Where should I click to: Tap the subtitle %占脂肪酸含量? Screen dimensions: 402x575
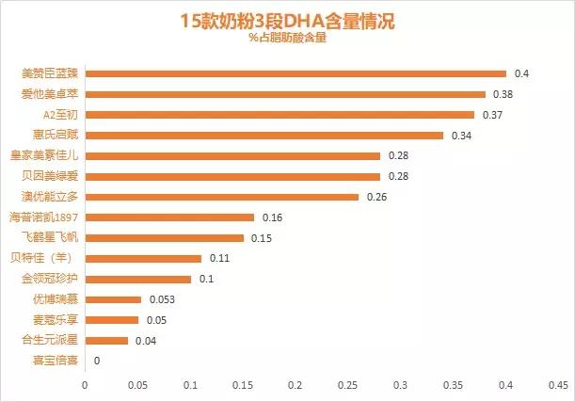coord(287,39)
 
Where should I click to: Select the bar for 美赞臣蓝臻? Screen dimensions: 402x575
coord(295,73)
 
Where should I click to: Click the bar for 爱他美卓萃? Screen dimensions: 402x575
coord(285,94)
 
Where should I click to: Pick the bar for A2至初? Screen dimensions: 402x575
coord(280,115)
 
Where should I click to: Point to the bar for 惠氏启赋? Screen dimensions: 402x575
coord(264,136)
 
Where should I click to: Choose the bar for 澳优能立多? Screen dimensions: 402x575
coord(222,197)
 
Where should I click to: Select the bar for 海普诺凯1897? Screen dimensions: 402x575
coord(169,217)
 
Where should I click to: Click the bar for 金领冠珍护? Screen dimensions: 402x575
coord(138,279)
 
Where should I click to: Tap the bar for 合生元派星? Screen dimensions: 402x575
coord(106,340)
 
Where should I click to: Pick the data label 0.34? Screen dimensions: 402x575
coord(461,136)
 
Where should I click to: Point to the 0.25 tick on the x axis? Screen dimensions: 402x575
coord(348,385)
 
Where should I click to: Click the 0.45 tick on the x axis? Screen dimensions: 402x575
coord(558,385)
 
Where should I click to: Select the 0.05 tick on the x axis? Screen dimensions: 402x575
coord(137,385)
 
